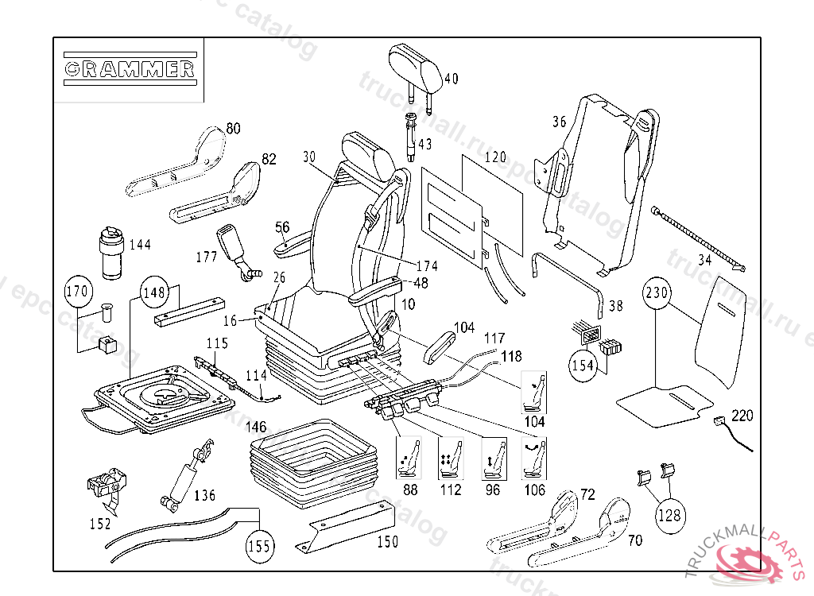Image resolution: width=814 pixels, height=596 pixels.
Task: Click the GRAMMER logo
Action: click(129, 68)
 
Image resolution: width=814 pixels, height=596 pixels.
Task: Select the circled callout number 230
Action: click(657, 292)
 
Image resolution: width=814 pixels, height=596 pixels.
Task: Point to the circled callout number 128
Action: click(669, 514)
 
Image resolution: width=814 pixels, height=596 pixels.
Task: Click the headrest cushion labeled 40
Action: click(415, 68)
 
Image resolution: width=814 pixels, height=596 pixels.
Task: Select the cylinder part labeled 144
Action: click(110, 252)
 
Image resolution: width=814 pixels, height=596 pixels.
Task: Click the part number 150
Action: click(387, 543)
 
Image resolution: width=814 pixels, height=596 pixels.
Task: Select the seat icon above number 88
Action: click(410, 459)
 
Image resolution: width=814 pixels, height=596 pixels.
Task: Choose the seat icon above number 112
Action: click(452, 459)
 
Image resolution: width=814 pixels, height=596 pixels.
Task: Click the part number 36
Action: click(560, 122)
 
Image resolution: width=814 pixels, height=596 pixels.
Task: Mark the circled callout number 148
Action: click(154, 292)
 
